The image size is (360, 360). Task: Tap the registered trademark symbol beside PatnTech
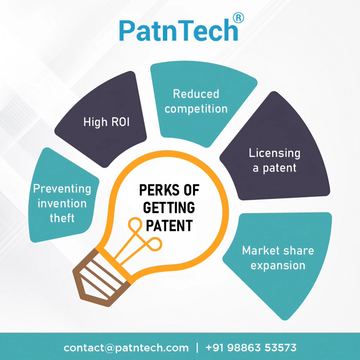point(238,18)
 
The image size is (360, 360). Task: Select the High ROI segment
point(106,122)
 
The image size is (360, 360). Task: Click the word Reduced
point(196,94)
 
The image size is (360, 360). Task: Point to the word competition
point(196,109)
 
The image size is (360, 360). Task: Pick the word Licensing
point(274,153)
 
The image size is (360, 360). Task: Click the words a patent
point(274,168)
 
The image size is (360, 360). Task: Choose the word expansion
point(278,265)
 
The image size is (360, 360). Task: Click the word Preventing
point(62,189)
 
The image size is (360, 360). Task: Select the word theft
point(62,218)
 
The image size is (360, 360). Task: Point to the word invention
point(62,204)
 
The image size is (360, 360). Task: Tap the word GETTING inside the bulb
point(169,208)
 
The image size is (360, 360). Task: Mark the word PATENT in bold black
point(169,225)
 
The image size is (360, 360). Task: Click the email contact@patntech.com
point(126,348)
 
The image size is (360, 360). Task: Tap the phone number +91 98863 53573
point(251,348)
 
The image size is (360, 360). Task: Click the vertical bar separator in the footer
point(197,348)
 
